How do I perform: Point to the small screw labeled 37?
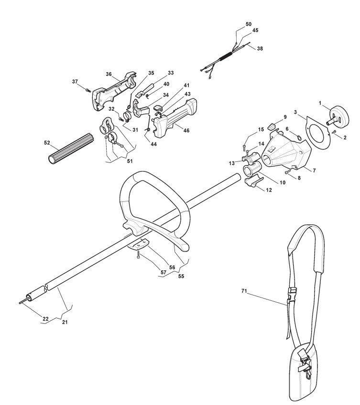[88, 89]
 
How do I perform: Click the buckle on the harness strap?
[291, 292]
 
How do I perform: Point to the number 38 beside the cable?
[259, 48]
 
